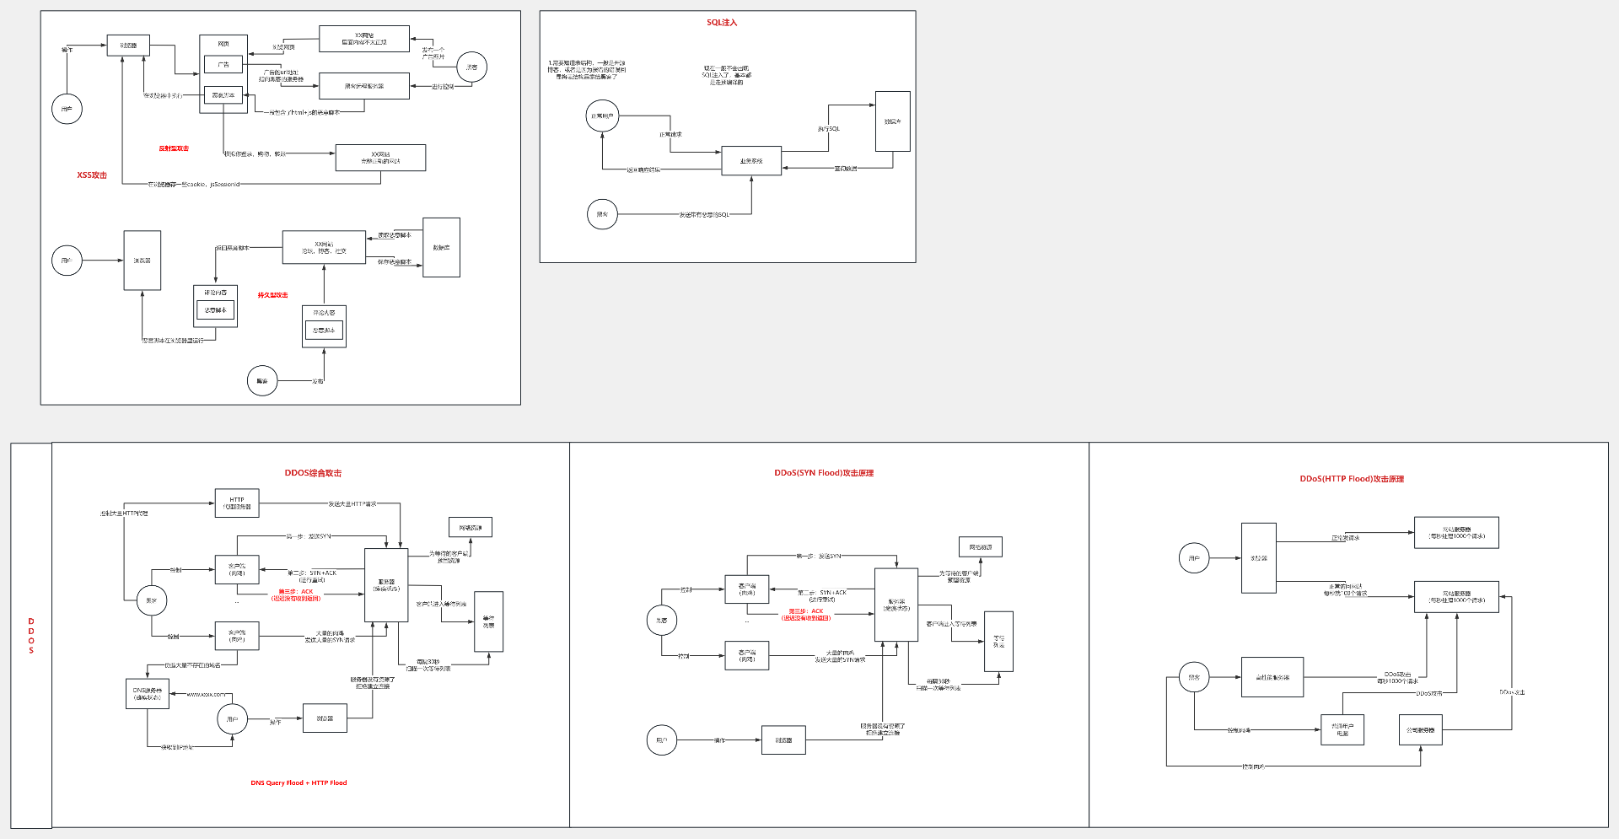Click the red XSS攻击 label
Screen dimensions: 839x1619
click(92, 175)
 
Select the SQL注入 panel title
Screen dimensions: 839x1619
click(722, 23)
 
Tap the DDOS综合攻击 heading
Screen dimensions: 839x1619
click(313, 473)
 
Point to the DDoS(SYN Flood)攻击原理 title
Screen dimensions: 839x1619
click(824, 473)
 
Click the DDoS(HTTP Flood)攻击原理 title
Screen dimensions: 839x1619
click(1352, 479)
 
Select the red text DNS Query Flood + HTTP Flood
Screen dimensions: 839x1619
click(299, 783)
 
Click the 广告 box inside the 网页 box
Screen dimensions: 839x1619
click(223, 64)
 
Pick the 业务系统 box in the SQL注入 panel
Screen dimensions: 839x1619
click(751, 161)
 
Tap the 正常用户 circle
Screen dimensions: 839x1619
click(602, 116)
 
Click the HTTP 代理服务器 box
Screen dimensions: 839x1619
click(237, 503)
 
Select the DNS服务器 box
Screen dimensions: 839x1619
click(148, 693)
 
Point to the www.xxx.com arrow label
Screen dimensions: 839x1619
click(206, 694)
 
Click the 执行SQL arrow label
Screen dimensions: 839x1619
click(828, 129)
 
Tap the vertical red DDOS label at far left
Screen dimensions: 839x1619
click(31, 636)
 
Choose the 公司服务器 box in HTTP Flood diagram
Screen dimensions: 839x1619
click(1420, 730)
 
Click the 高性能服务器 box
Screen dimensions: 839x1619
click(1272, 677)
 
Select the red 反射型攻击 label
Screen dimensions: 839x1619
click(174, 148)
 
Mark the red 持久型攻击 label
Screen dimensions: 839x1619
click(272, 295)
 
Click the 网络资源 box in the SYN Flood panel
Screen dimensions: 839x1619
click(980, 547)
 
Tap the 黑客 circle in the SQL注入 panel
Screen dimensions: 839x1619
click(602, 214)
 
